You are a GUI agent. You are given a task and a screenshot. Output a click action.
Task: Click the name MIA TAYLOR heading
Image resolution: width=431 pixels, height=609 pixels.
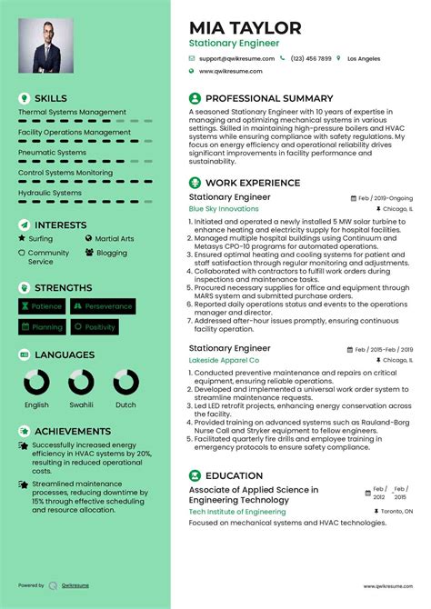(245, 27)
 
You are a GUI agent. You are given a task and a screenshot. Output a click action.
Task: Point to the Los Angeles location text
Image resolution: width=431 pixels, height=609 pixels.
(364, 58)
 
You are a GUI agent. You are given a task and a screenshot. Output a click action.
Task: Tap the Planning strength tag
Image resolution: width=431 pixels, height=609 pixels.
(42, 326)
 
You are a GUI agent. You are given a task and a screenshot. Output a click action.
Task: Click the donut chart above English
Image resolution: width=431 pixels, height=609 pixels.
(37, 383)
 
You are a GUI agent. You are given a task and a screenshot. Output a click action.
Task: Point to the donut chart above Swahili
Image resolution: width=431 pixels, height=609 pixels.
(81, 383)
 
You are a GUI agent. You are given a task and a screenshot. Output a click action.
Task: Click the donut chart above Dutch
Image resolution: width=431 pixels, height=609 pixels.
(125, 383)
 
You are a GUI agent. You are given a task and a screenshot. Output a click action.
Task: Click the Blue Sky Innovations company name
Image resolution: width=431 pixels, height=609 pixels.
(224, 209)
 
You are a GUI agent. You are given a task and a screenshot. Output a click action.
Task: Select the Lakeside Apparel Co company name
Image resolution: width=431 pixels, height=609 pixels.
(224, 360)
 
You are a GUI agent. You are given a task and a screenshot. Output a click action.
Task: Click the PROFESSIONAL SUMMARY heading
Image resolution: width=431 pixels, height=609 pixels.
(269, 98)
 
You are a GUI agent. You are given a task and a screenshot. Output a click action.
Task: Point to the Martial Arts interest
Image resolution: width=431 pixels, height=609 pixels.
(115, 239)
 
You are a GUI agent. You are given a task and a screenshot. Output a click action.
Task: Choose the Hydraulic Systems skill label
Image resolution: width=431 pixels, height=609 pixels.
(50, 193)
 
